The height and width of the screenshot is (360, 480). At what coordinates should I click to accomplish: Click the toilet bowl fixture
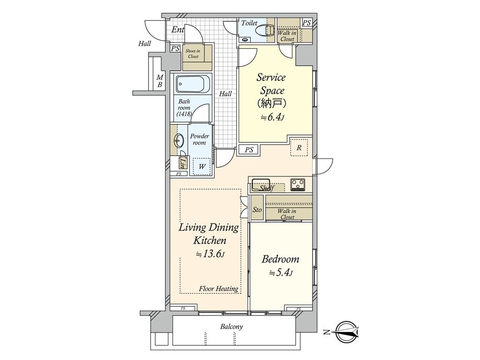pyautogui.click(x=265, y=31)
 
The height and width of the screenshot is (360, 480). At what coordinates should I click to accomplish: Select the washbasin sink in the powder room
pyautogui.click(x=179, y=141)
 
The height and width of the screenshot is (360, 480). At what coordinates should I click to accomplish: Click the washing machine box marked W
pyautogui.click(x=202, y=166)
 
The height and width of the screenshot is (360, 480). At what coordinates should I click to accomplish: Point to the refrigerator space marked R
pyautogui.click(x=299, y=148)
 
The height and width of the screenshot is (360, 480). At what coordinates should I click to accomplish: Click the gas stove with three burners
pyautogui.click(x=298, y=184)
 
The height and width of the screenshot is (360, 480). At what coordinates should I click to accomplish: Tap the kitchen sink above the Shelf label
pyautogui.click(x=261, y=184)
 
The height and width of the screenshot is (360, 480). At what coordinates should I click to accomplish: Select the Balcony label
pyautogui.click(x=232, y=327)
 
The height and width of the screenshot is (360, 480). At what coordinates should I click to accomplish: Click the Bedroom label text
pyautogui.click(x=280, y=259)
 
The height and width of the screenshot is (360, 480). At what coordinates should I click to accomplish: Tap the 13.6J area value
pyautogui.click(x=210, y=254)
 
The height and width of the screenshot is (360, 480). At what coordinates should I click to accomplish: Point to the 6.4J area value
pyautogui.click(x=272, y=117)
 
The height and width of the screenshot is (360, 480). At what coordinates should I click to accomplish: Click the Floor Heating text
pyautogui.click(x=218, y=288)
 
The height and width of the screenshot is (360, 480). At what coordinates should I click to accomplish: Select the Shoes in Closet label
pyautogui.click(x=193, y=53)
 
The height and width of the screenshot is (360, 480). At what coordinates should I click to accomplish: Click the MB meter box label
pyautogui.click(x=159, y=81)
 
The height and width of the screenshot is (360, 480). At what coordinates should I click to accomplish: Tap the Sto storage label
pyautogui.click(x=257, y=210)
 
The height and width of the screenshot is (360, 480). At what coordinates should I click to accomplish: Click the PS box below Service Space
pyautogui.click(x=249, y=150)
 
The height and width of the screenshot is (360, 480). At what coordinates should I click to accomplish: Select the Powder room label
pyautogui.click(x=199, y=139)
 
